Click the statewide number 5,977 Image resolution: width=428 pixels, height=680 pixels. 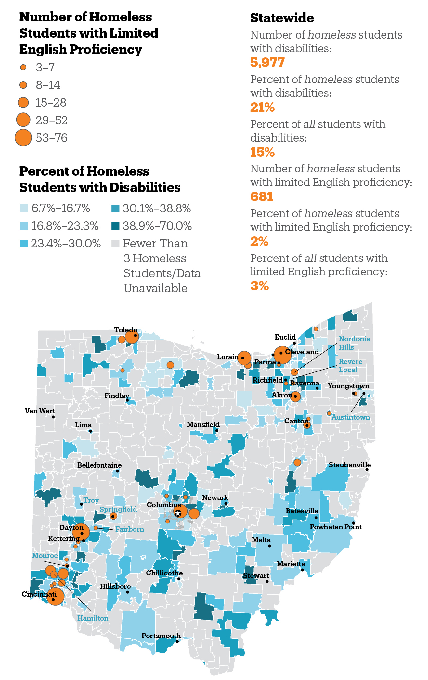coord(267,62)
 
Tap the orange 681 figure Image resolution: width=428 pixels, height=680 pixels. coord(262,196)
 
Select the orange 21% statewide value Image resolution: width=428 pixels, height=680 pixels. coord(262,107)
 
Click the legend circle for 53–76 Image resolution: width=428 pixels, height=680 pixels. coord(23,138)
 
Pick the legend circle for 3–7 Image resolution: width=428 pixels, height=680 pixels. coord(23,68)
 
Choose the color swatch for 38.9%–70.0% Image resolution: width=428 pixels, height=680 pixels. coord(115,226)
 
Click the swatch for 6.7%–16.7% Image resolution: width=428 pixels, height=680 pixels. coord(24,208)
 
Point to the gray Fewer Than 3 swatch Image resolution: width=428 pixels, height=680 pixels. coord(115,244)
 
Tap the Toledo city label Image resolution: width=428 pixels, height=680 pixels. coord(125,330)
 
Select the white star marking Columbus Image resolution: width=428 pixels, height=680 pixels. coord(178,513)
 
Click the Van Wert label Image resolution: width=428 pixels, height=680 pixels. coord(40,411)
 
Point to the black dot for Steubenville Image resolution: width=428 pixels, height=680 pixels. coord(367,470)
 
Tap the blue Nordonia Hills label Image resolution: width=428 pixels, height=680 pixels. coord(354,343)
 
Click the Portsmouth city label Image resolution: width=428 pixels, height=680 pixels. coord(161,636)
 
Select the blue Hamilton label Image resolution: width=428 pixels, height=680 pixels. coord(93,618)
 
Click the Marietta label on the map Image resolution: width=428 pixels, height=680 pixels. coord(291,564)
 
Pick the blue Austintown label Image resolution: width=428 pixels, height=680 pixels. coord(350,417)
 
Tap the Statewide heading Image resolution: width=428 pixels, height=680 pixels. coord(282,18)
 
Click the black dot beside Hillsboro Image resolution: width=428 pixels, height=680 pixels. coord(128,592)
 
